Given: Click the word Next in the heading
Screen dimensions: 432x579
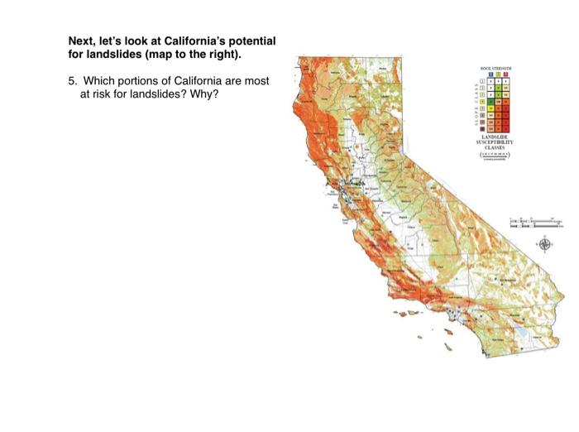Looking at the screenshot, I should click(x=81, y=41).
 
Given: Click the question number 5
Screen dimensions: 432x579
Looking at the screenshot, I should click(x=71, y=80).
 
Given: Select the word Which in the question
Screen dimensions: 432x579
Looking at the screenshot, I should click(x=98, y=80).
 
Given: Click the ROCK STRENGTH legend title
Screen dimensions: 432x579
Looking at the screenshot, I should click(x=495, y=68).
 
